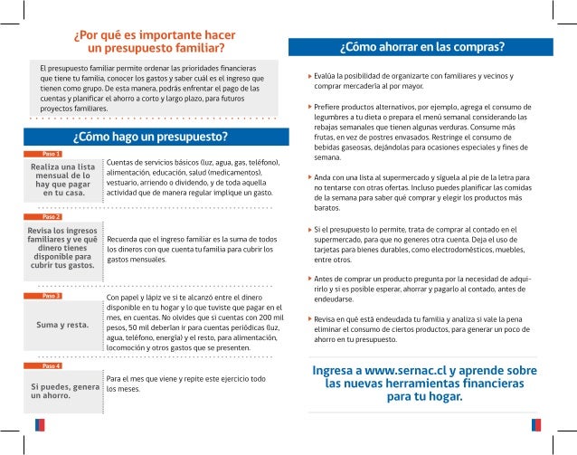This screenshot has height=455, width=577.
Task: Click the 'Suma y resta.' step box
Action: click(x=62, y=323)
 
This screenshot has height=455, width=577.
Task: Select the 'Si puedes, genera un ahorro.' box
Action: click(x=62, y=390)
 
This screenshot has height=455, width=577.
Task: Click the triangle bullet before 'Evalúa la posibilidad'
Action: click(x=309, y=74)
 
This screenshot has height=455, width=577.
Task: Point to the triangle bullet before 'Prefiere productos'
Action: click(x=309, y=106)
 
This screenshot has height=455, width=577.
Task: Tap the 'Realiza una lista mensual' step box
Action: click(x=62, y=180)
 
